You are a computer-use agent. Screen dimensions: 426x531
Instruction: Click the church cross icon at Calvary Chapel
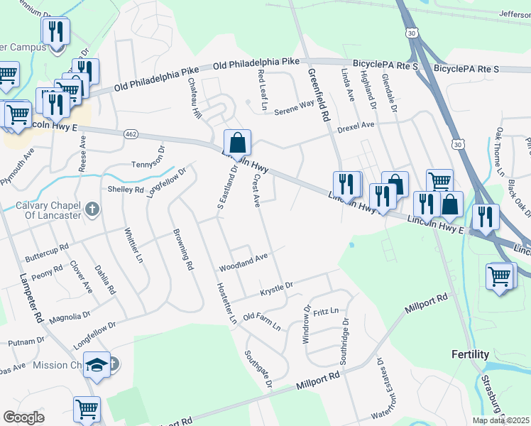click(91, 209)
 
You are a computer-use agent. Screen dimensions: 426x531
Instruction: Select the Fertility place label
click(470, 354)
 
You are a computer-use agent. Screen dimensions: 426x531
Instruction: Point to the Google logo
click(23, 417)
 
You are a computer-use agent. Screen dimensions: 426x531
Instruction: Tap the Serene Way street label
click(294, 108)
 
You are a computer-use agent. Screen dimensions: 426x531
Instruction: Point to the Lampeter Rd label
click(32, 297)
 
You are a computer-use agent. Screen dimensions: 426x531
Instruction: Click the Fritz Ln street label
click(326, 311)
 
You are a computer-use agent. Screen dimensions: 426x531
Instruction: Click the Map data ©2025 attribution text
click(500, 420)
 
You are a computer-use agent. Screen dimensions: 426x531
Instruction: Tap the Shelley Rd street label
click(125, 190)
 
